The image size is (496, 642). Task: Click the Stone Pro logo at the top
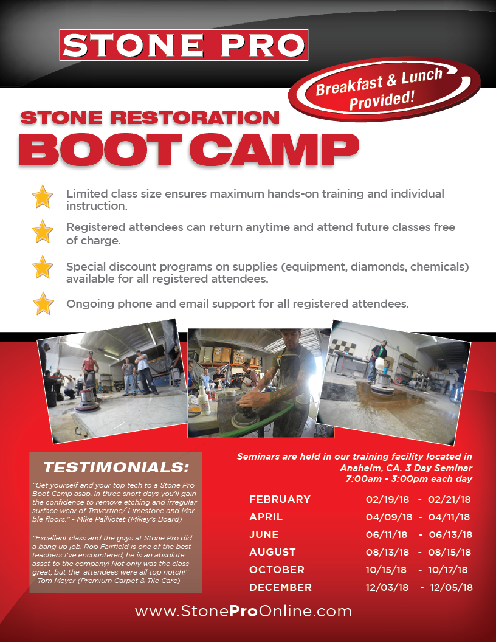pos(184,45)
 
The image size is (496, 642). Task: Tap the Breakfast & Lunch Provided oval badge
pos(378,90)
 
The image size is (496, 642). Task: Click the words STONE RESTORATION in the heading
pos(150,117)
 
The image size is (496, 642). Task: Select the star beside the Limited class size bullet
pos(43,197)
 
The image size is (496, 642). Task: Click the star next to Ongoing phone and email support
pos(43,303)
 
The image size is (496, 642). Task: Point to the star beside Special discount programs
pos(43,267)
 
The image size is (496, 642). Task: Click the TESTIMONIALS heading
pos(116,468)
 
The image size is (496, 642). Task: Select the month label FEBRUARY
pos(280,499)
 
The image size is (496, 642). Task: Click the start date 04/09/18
pos(389,517)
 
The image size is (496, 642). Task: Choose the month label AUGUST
pos(272,552)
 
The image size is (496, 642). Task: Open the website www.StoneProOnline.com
pos(243,611)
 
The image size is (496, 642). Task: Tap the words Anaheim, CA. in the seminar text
pos(368,468)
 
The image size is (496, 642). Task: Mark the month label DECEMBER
pos(280,587)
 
